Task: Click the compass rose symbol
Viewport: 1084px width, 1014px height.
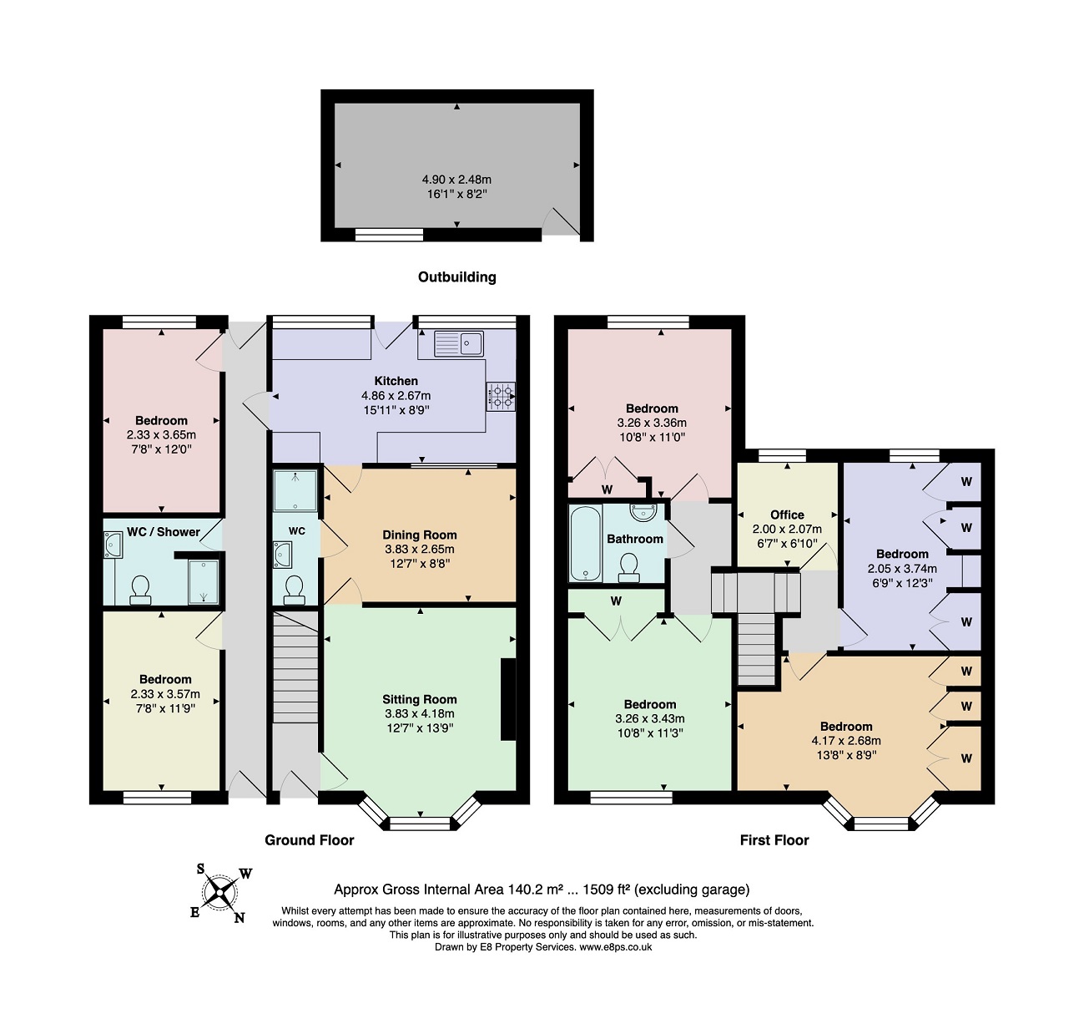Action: click(x=219, y=893)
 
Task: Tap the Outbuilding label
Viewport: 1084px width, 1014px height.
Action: click(x=456, y=277)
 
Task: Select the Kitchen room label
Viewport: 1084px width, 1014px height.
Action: click(x=396, y=381)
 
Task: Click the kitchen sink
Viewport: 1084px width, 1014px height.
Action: click(x=458, y=343)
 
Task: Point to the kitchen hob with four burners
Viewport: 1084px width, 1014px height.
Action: click(x=501, y=396)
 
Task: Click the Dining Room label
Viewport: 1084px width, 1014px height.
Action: click(x=419, y=535)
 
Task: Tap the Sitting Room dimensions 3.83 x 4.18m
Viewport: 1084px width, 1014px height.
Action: click(x=419, y=713)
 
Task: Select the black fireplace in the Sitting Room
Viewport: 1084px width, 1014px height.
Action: click(x=508, y=699)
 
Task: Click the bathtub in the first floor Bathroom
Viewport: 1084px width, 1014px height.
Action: click(x=586, y=543)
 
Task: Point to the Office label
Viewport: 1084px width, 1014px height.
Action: click(x=787, y=515)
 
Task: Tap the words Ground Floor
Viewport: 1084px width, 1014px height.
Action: click(x=310, y=839)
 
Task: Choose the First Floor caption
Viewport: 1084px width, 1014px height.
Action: click(x=774, y=839)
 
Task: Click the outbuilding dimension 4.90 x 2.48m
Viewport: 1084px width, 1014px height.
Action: click(x=456, y=180)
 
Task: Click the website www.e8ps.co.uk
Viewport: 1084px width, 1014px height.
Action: click(x=615, y=947)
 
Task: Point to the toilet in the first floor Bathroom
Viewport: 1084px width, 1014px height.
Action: click(x=629, y=568)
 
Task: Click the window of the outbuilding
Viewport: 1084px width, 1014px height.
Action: click(x=389, y=235)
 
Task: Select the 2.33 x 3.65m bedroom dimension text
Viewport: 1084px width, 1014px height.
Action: click(x=161, y=435)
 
